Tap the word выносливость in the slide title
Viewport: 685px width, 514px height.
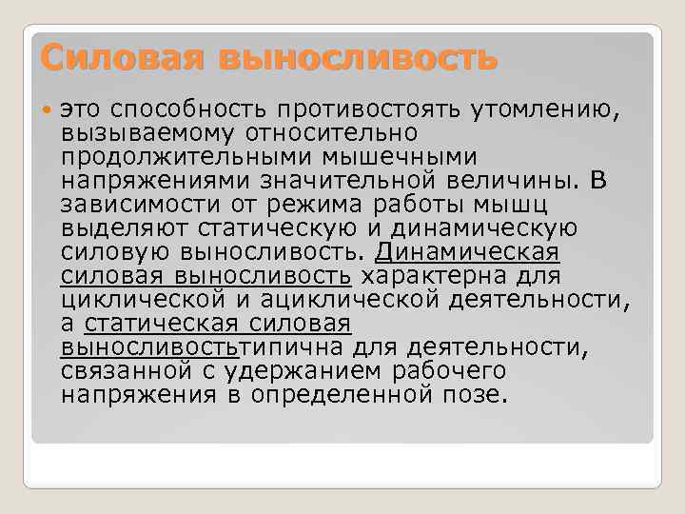[358, 58]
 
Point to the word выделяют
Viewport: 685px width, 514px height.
[124, 227]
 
